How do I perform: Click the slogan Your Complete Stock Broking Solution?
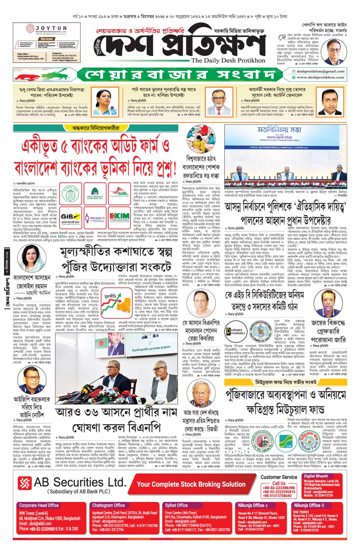(x=191, y=484)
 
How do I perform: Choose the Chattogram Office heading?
(x=108, y=505)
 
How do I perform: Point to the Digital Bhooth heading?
(x=315, y=476)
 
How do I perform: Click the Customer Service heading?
(x=278, y=477)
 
